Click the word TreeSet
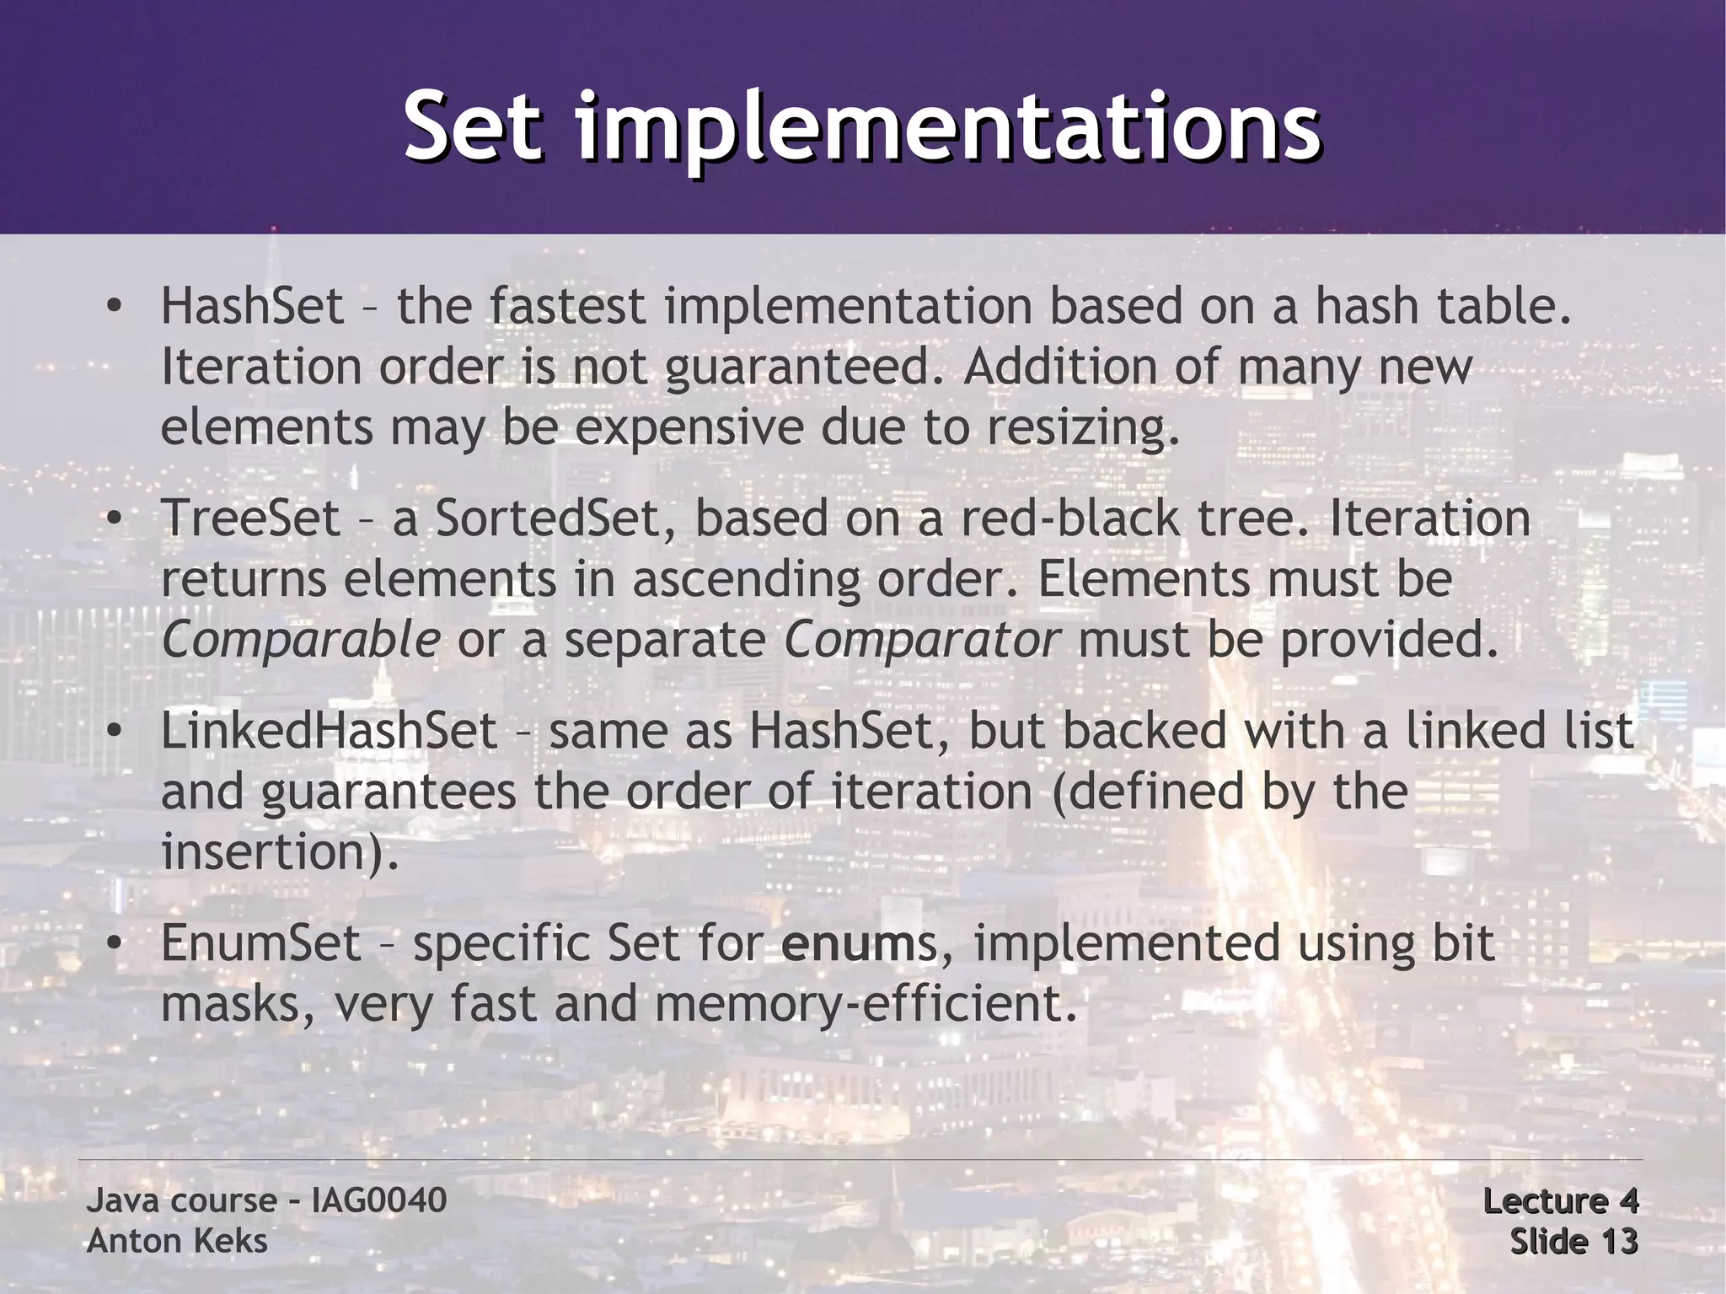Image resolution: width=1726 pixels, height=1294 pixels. (x=250, y=518)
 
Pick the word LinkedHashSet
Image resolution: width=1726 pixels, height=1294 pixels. (x=329, y=730)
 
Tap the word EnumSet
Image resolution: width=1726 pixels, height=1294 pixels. (x=260, y=942)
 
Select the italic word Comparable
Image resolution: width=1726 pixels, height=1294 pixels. (x=300, y=641)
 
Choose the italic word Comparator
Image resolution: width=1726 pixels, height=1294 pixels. (x=921, y=641)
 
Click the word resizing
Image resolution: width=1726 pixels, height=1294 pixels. (x=1082, y=428)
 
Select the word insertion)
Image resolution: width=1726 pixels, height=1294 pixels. (x=279, y=852)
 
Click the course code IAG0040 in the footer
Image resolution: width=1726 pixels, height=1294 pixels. (x=378, y=1200)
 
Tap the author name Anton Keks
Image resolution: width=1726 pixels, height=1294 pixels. (x=177, y=1241)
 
